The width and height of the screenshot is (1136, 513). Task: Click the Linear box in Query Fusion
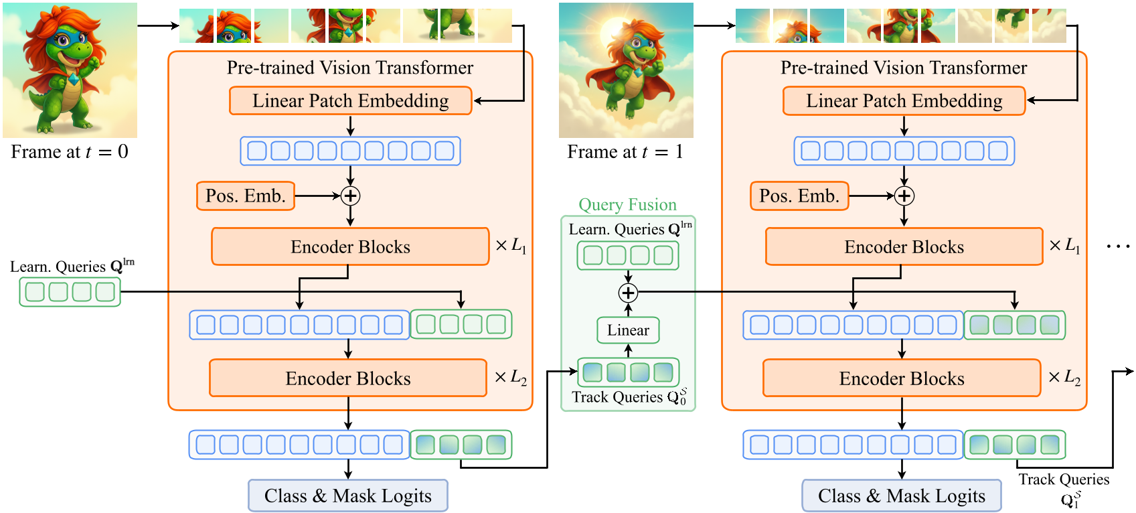pos(628,330)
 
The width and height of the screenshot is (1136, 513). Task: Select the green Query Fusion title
pos(627,205)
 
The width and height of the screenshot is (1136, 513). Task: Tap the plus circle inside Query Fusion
pos(628,293)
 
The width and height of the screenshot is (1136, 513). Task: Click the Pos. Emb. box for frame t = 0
pos(246,196)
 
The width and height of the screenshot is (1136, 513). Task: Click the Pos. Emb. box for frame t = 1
pos(799,196)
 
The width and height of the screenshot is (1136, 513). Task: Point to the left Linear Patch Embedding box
pos(350,101)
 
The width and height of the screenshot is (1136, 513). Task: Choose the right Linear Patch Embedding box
pos(904,101)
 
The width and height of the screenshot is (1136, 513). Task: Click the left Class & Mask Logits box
pos(348,496)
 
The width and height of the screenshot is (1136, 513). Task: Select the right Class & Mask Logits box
pos(902,496)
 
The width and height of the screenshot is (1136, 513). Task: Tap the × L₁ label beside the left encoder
pos(511,246)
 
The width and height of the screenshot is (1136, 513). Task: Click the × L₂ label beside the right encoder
pos(1064,378)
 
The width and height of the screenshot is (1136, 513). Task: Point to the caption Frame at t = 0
pos(70,152)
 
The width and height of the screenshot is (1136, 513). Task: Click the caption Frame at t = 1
pos(625,152)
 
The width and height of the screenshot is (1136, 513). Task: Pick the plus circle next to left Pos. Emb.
pos(350,196)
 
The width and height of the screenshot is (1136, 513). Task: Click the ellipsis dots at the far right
pos(1118,246)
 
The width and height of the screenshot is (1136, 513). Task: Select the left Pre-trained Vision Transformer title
pos(350,68)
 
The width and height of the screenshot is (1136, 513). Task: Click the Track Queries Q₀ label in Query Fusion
pos(628,397)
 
